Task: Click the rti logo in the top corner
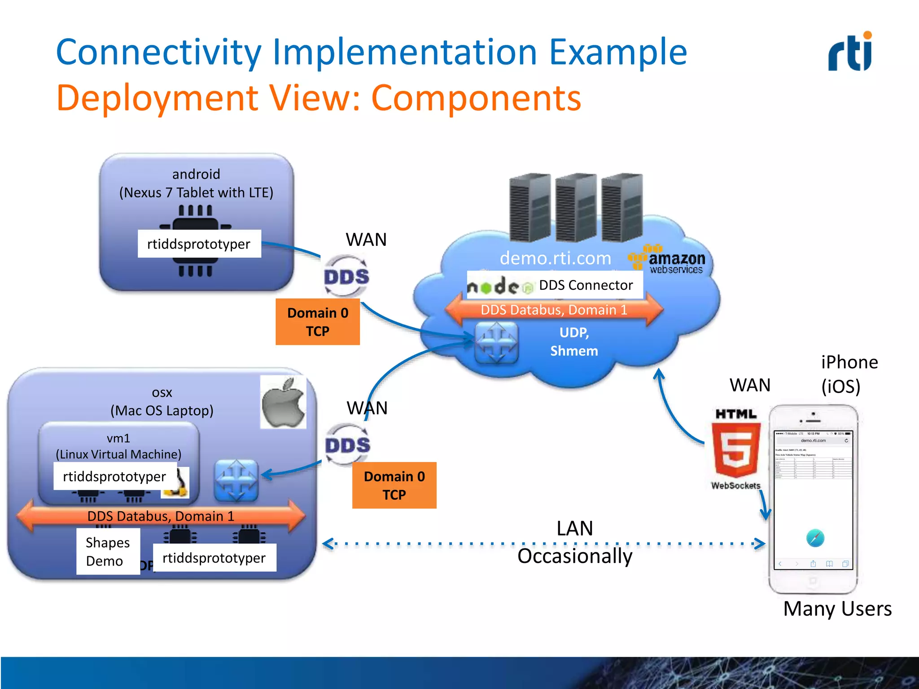pyautogui.click(x=850, y=52)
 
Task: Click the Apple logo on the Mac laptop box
pyautogui.click(x=283, y=402)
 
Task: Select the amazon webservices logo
pyautogui.click(x=667, y=260)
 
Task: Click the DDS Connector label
pyautogui.click(x=585, y=285)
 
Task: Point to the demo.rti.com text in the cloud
pyautogui.click(x=555, y=258)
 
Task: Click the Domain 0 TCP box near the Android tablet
pyautogui.click(x=318, y=322)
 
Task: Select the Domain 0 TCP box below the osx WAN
pyautogui.click(x=394, y=485)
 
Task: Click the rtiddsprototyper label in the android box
pyautogui.click(x=199, y=244)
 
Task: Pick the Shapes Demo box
pyautogui.click(x=108, y=551)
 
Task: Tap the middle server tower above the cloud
pyautogui.click(x=576, y=207)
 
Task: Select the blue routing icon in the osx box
pyautogui.click(x=236, y=480)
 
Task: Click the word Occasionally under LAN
pyautogui.click(x=575, y=556)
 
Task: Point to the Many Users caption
pyautogui.click(x=837, y=609)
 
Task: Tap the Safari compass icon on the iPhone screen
pyautogui.click(x=815, y=538)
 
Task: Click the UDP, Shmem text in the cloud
pyautogui.click(x=574, y=342)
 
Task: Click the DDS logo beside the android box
pyautogui.click(x=346, y=276)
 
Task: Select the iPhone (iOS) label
pyautogui.click(x=849, y=374)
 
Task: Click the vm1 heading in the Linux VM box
pyautogui.click(x=118, y=438)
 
